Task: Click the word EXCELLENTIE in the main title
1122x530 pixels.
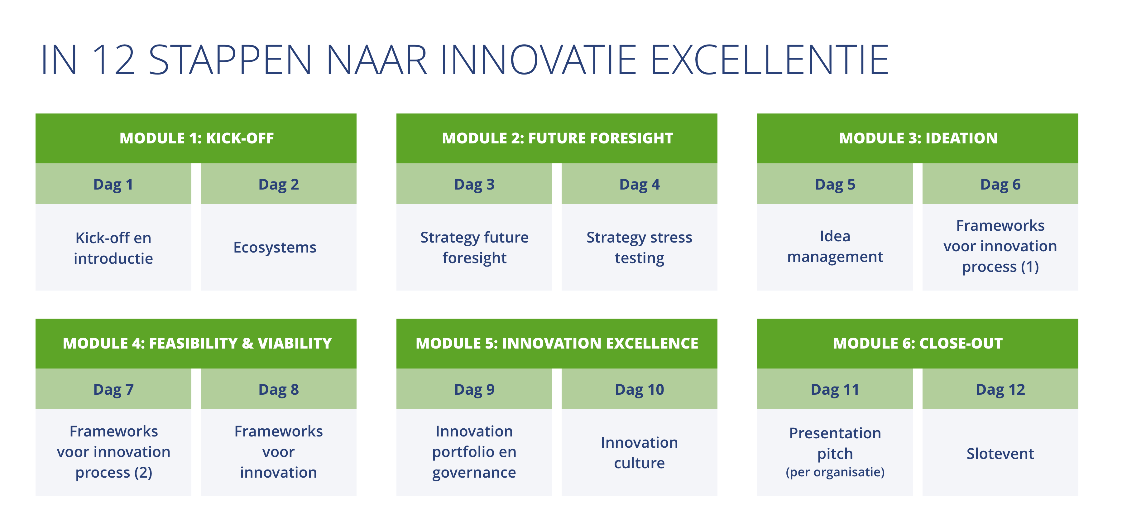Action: (769, 60)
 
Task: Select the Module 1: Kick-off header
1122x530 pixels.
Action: (196, 138)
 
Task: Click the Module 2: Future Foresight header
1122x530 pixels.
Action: (557, 138)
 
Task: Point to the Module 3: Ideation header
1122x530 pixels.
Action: (918, 138)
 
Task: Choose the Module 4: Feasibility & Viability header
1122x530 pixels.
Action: (196, 344)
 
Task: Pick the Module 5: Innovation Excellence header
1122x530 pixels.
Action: (557, 344)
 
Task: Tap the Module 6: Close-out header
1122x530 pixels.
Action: (918, 344)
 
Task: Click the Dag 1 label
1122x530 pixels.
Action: (113, 184)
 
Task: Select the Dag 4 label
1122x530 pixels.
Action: (640, 184)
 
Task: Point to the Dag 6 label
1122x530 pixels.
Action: (1000, 184)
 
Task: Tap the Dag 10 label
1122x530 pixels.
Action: (640, 390)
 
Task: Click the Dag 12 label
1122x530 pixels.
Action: (1000, 390)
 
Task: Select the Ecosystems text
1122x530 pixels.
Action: (275, 248)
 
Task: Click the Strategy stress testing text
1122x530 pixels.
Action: (640, 248)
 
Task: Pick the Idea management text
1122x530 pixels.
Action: (835, 247)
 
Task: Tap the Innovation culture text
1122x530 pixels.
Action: (640, 452)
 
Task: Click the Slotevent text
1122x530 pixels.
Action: (1000, 454)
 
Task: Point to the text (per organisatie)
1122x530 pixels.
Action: (835, 472)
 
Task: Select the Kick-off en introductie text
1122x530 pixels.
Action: (113, 248)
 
